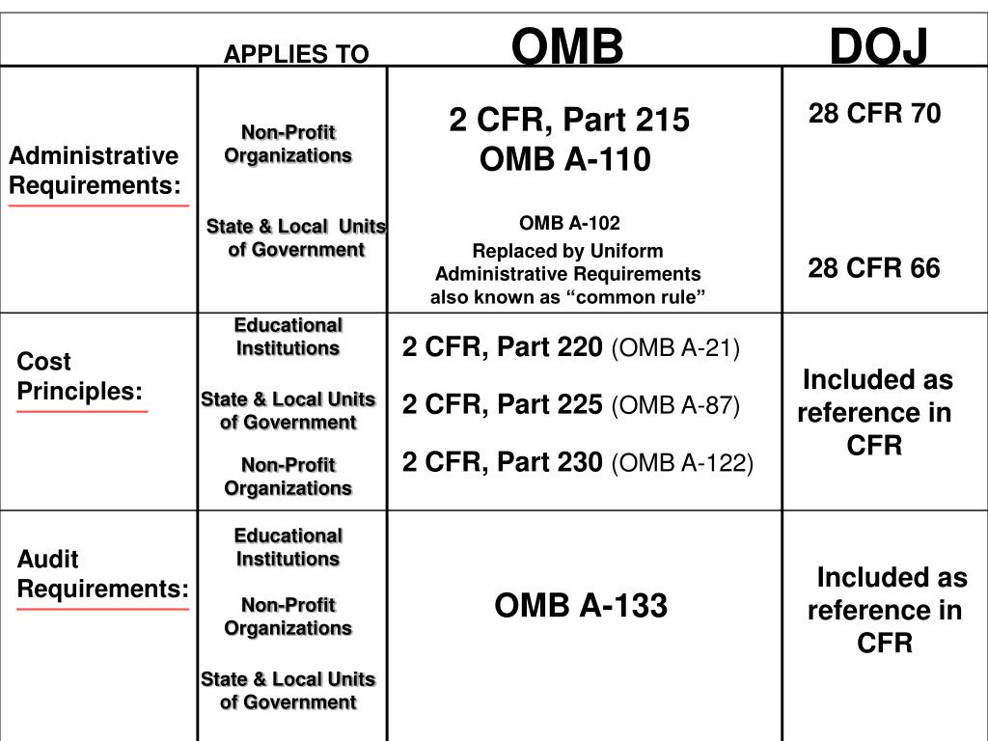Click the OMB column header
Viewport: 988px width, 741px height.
(567, 45)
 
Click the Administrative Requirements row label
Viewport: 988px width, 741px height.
(94, 170)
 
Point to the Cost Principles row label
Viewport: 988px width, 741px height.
(79, 376)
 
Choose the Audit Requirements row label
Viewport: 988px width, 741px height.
(102, 574)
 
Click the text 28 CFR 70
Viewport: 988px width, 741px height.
(874, 114)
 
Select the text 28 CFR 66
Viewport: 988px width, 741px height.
(874, 268)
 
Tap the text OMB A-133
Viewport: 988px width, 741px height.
(581, 606)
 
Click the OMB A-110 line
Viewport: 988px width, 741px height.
(565, 159)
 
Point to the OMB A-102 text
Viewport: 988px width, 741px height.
(569, 224)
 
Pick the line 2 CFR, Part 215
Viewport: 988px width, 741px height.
(569, 121)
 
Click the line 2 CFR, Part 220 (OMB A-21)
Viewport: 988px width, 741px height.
(571, 347)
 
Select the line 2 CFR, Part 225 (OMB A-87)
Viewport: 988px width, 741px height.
(571, 406)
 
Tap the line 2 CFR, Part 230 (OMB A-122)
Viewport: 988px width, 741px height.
(578, 463)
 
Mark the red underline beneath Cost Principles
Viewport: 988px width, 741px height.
(82, 412)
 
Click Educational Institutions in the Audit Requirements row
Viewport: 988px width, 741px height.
(288, 547)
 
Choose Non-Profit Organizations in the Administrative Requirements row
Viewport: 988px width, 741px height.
(288, 144)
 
